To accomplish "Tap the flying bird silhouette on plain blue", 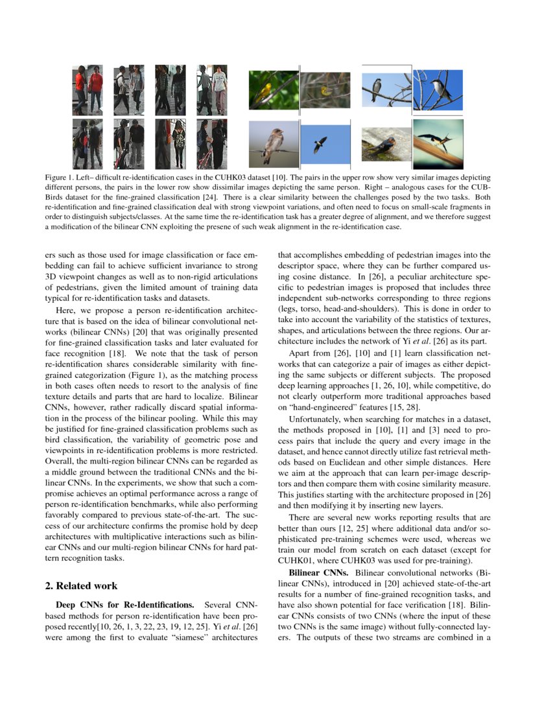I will pyautogui.click(x=320, y=145).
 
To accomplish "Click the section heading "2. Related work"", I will pyautogui.click(x=81, y=586).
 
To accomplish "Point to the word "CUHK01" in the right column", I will pyautogui.click(x=299, y=560).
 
